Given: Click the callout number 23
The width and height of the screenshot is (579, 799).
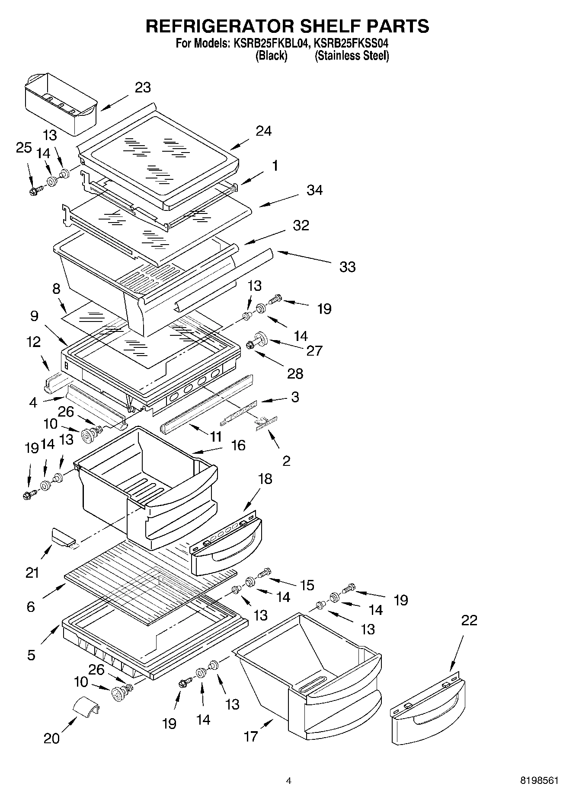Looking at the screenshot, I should [x=143, y=87].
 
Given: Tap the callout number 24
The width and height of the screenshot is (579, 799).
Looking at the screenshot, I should [x=263, y=131].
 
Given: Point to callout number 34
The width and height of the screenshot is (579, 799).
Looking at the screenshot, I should [x=314, y=190].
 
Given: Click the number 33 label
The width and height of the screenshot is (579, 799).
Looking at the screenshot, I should [x=347, y=267].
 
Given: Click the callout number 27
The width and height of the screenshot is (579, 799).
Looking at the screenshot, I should [x=314, y=350].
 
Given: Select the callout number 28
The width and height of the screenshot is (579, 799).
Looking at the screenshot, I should [x=295, y=373].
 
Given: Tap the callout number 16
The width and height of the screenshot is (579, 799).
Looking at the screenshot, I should [x=238, y=445].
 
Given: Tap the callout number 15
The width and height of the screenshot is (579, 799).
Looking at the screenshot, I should [x=307, y=585].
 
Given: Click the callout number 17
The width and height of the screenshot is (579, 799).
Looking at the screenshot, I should [x=251, y=736].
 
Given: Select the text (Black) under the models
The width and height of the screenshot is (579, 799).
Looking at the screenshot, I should [x=271, y=56].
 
